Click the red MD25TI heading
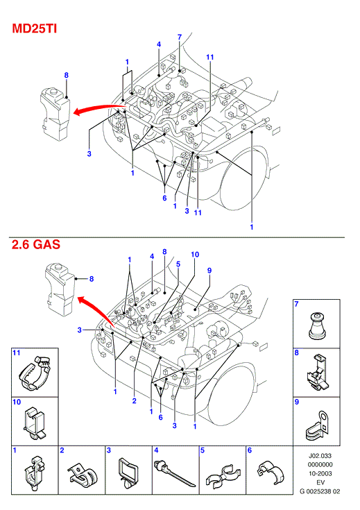coord(35,28)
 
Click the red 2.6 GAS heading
coord(36,244)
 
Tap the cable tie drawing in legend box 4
coord(175,473)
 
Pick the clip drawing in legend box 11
coord(36,373)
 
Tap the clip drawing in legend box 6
coord(270,474)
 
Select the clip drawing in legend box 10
coord(35,422)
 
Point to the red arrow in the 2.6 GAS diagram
coord(96,310)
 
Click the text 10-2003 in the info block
coord(320,473)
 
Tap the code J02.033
coord(320,456)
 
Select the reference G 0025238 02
coord(320,491)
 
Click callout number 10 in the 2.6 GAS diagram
coord(195,255)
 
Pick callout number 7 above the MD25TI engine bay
coord(180,37)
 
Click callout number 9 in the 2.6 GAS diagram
coord(209,271)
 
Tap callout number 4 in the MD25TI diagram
coord(159,44)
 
